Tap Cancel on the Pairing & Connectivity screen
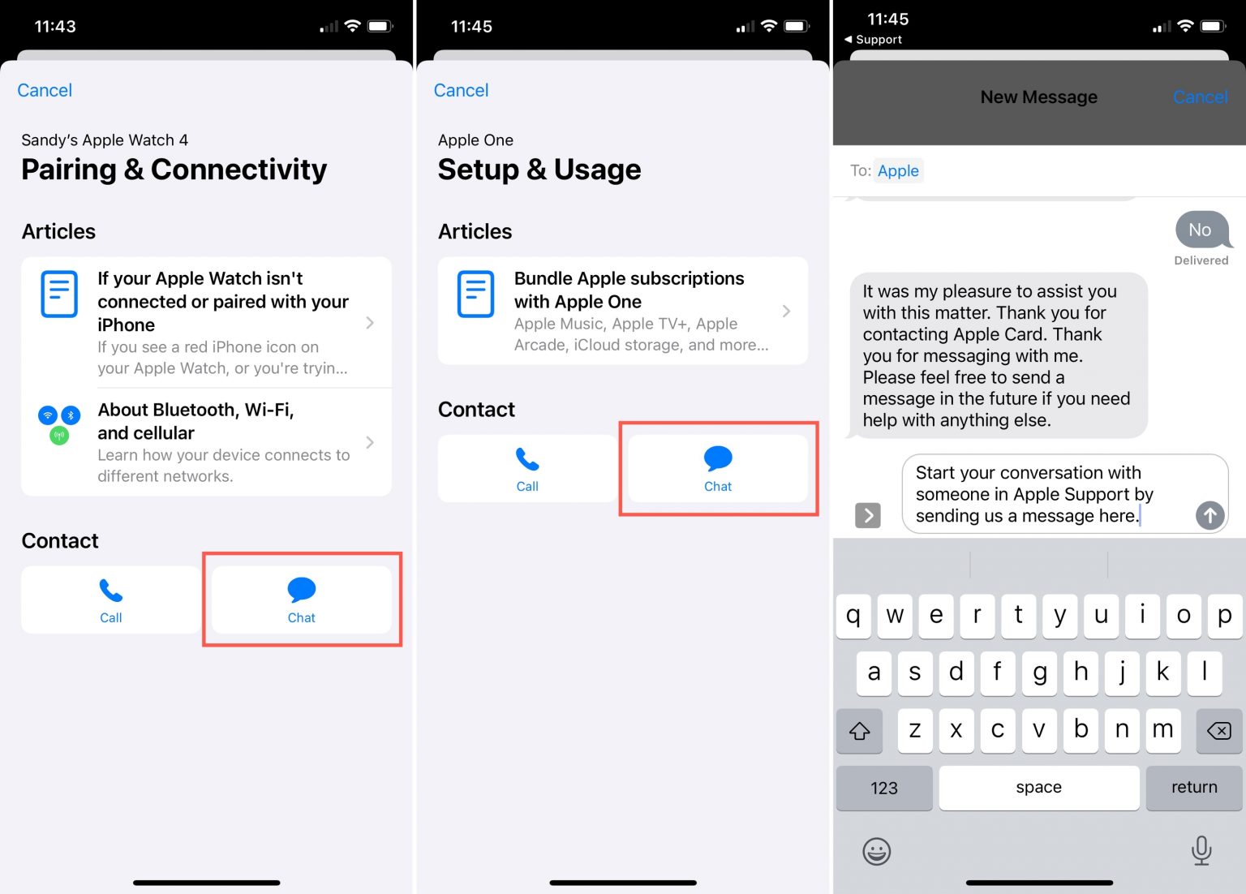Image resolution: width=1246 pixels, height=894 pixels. tap(45, 90)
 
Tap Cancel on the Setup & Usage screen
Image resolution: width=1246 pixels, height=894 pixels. tap(461, 90)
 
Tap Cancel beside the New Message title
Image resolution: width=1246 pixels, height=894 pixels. tap(1201, 97)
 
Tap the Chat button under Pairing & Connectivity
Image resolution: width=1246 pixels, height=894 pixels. tap(302, 600)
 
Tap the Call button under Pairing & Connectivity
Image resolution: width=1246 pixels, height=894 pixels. tap(110, 600)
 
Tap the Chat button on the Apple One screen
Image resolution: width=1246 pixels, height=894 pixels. tap(718, 468)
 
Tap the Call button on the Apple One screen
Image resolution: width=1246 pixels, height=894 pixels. tap(527, 468)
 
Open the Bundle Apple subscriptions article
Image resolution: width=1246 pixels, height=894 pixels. tap(623, 311)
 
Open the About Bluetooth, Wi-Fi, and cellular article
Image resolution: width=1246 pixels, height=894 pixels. tap(206, 441)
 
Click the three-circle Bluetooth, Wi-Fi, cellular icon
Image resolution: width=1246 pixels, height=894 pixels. tap(59, 424)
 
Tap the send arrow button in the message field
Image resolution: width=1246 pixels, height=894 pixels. tap(1209, 515)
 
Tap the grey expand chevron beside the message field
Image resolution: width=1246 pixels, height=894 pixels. tap(868, 515)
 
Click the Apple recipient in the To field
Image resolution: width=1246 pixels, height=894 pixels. tap(898, 171)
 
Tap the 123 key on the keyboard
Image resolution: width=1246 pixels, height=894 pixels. tap(884, 787)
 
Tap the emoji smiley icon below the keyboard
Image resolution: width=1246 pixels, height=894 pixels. tap(877, 851)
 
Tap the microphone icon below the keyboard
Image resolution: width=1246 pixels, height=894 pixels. tap(1201, 851)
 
